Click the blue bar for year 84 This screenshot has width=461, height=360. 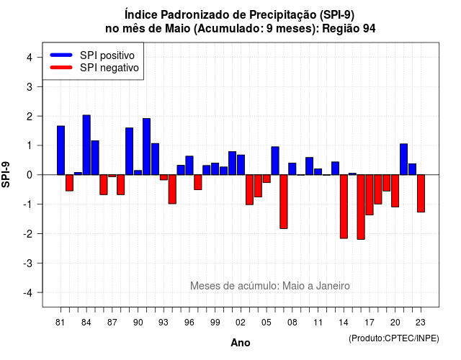click(x=86, y=145)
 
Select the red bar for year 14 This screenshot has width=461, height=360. click(x=344, y=207)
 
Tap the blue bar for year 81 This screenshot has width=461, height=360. click(x=61, y=150)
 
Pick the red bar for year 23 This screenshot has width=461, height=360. click(x=421, y=194)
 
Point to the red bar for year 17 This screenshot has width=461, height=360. click(x=370, y=195)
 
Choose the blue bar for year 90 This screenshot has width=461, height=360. click(x=138, y=173)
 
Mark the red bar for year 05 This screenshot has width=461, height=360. click(x=267, y=179)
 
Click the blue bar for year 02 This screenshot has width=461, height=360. click(x=241, y=165)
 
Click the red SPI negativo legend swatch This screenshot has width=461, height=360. click(x=61, y=68)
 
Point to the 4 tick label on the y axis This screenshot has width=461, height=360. click(x=30, y=58)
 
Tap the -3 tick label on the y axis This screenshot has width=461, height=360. click(x=28, y=264)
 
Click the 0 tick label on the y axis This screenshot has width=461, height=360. click(x=30, y=175)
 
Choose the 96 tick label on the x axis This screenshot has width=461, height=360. click(x=189, y=323)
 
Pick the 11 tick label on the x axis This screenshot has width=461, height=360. click(x=318, y=323)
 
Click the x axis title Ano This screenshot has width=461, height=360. click(x=241, y=343)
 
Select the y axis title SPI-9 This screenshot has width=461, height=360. click(x=6, y=174)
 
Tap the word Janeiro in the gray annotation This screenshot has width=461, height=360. click(x=333, y=286)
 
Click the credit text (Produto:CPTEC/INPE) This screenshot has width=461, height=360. click(x=394, y=338)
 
